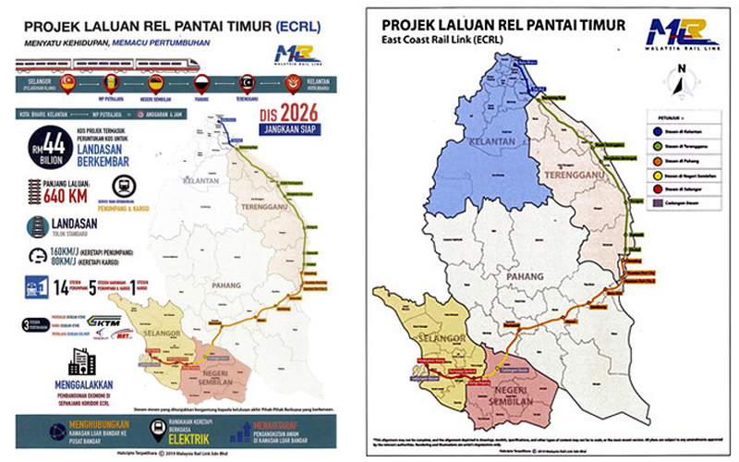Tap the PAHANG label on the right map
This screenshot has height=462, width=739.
pyautogui.click(x=528, y=275)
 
